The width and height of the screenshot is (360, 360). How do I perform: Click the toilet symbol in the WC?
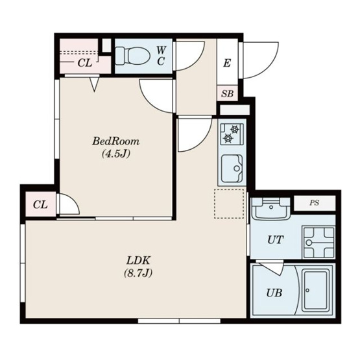[132, 56]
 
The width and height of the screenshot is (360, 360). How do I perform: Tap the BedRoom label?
[116, 141]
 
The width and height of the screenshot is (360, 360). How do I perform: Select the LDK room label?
[138, 260]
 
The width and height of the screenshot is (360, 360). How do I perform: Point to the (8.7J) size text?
[138, 273]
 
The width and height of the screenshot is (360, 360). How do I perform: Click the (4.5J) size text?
[116, 154]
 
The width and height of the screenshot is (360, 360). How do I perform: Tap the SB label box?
[227, 93]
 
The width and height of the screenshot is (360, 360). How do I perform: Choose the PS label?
[315, 203]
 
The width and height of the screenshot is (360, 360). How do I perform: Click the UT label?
[276, 240]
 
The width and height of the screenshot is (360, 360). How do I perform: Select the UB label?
[274, 293]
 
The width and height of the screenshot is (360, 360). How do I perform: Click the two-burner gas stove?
[232, 134]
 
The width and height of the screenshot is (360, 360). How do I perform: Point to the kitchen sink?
[232, 168]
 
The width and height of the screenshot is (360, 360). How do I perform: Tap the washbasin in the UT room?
[271, 209]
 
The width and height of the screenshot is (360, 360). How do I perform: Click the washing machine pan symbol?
[319, 242]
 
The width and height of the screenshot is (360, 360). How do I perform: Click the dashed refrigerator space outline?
[229, 204]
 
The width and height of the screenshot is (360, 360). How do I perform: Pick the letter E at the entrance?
[227, 63]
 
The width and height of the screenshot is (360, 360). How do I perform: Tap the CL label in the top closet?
[85, 63]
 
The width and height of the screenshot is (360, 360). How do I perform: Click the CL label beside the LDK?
[40, 204]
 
